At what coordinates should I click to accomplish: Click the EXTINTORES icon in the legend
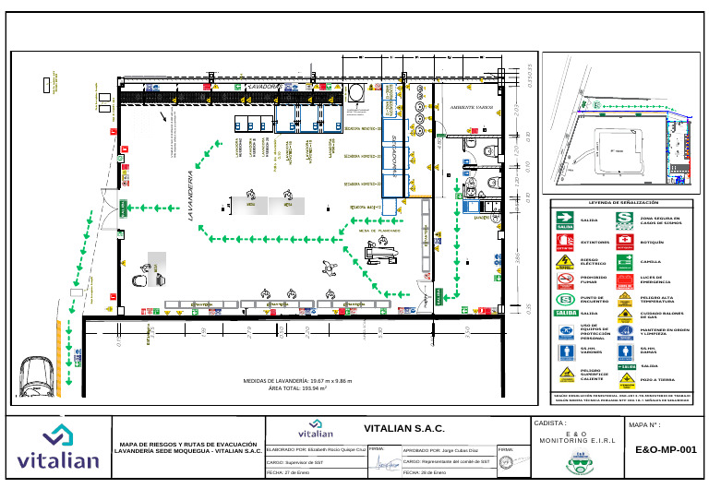pyautogui.click(x=566, y=243)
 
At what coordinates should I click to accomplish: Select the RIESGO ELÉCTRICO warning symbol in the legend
pyautogui.click(x=566, y=262)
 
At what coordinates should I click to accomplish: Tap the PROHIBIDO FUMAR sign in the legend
pyautogui.click(x=566, y=280)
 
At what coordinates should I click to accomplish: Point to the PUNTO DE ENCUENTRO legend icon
pyautogui.click(x=566, y=300)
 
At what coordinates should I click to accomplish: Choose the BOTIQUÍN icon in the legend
pyautogui.click(x=624, y=242)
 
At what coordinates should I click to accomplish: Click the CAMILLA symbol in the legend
pyautogui.click(x=624, y=262)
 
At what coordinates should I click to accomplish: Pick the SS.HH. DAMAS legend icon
pyautogui.click(x=624, y=351)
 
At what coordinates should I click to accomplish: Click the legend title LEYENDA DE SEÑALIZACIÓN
pyautogui.click(x=619, y=202)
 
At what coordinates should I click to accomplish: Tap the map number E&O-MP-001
pyautogui.click(x=666, y=450)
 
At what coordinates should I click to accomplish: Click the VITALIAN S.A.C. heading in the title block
pyautogui.click(x=404, y=429)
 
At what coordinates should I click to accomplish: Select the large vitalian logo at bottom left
pyautogui.click(x=58, y=448)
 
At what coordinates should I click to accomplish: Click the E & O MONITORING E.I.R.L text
pyautogui.click(x=575, y=438)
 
